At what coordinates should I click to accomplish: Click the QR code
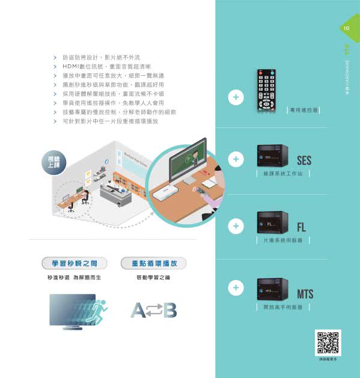click(328, 342)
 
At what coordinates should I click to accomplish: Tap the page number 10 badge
click(347, 28)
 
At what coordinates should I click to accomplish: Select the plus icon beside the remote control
click(236, 97)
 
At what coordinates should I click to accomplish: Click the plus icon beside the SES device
click(236, 159)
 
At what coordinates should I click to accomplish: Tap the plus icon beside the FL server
click(236, 226)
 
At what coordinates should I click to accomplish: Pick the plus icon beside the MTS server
click(236, 288)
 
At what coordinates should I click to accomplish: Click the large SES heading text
click(304, 161)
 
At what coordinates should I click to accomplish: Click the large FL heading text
click(302, 227)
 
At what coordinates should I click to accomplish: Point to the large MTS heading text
click(305, 294)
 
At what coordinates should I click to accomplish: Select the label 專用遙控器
click(302, 111)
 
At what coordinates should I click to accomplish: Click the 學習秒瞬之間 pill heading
click(70, 263)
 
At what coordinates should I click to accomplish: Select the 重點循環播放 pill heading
click(153, 263)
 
